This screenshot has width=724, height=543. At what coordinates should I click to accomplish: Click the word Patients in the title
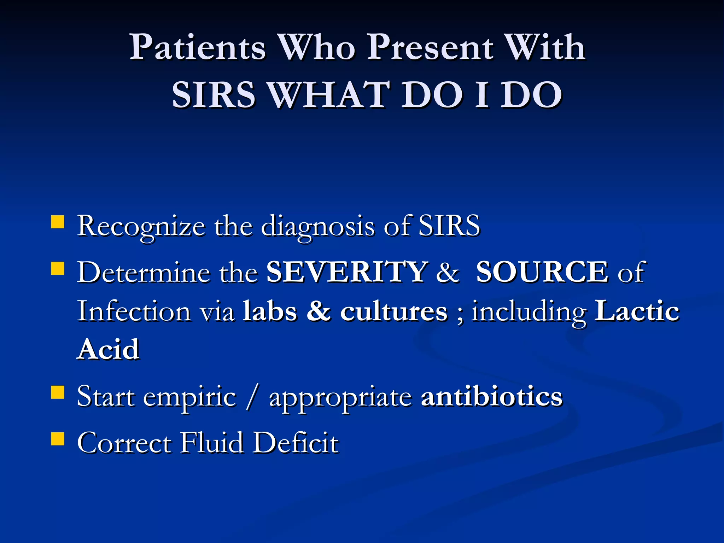click(x=197, y=48)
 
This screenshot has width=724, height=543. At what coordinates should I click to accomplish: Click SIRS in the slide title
click(x=213, y=95)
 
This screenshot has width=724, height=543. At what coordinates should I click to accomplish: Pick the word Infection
click(x=134, y=311)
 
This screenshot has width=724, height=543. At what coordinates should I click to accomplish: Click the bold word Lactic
click(x=637, y=311)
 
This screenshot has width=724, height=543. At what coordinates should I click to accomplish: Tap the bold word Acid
click(x=109, y=349)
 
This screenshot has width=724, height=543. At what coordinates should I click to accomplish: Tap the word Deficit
click(x=296, y=443)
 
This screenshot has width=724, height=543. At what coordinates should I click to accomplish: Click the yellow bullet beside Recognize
click(x=58, y=223)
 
